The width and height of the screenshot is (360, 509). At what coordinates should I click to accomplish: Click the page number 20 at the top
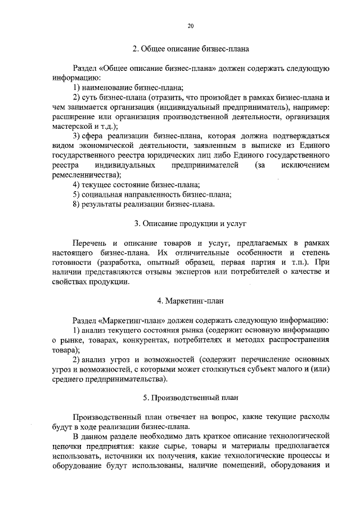click(191, 26)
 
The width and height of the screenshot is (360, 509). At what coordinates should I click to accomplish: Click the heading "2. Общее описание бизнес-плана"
click(191, 48)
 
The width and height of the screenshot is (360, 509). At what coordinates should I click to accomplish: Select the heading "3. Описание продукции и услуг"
click(191, 223)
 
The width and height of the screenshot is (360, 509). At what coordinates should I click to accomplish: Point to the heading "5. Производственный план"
click(191, 398)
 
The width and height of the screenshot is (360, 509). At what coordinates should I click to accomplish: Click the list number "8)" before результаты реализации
click(77, 204)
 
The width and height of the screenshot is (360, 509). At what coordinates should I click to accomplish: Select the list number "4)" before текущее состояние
click(77, 184)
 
